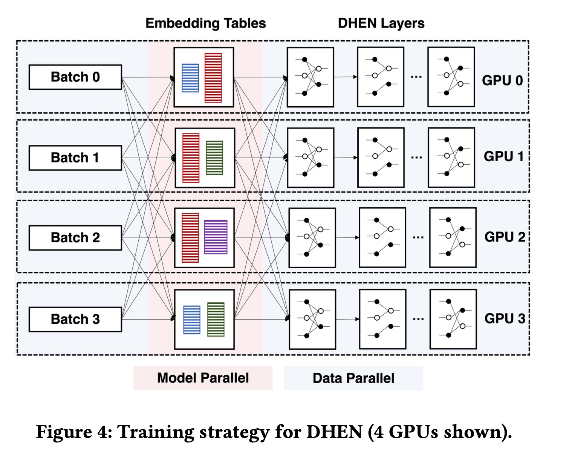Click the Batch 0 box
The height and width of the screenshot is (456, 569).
(75, 77)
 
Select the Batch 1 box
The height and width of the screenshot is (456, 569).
(75, 158)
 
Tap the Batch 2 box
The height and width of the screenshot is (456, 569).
(75, 238)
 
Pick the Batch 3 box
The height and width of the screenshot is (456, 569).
(75, 320)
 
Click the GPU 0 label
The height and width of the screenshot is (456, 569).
(502, 80)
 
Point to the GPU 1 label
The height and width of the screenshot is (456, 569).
(503, 156)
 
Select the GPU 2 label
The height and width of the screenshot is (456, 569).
(505, 237)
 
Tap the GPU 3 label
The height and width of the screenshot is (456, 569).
(505, 318)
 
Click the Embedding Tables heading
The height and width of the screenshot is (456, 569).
(206, 23)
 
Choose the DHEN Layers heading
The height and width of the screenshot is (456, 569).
(381, 23)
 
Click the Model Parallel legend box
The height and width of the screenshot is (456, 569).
(203, 378)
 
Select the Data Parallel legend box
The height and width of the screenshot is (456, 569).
(353, 378)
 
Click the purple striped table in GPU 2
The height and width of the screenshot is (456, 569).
(216, 237)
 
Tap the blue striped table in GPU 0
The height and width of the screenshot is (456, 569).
(190, 78)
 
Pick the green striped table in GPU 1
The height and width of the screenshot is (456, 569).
(214, 158)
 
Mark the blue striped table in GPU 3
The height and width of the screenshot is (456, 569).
(192, 320)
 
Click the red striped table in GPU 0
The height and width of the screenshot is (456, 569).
(213, 78)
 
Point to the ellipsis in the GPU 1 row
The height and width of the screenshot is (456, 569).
(416, 157)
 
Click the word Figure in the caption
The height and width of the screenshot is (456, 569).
(64, 432)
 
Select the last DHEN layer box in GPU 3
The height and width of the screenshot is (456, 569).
(453, 319)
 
